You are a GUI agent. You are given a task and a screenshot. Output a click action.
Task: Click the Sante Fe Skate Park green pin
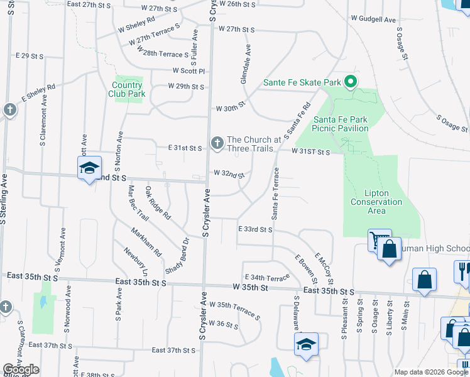click(x=351, y=82)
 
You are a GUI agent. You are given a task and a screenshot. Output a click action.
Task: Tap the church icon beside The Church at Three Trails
click(x=217, y=144)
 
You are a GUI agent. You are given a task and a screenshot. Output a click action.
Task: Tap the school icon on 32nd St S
click(x=89, y=168)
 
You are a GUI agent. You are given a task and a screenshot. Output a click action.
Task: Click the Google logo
click(x=21, y=369)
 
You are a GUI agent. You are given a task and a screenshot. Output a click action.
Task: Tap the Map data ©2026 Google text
click(x=430, y=372)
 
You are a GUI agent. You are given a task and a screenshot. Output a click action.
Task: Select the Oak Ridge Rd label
click(x=158, y=202)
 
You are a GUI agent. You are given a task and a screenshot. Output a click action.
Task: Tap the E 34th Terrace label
click(x=268, y=276)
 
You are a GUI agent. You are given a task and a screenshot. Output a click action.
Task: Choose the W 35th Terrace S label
click(x=234, y=310)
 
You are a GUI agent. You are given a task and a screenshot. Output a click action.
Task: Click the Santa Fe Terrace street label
click(x=275, y=193)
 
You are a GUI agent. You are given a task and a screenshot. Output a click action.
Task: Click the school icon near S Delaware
click(x=306, y=344)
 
